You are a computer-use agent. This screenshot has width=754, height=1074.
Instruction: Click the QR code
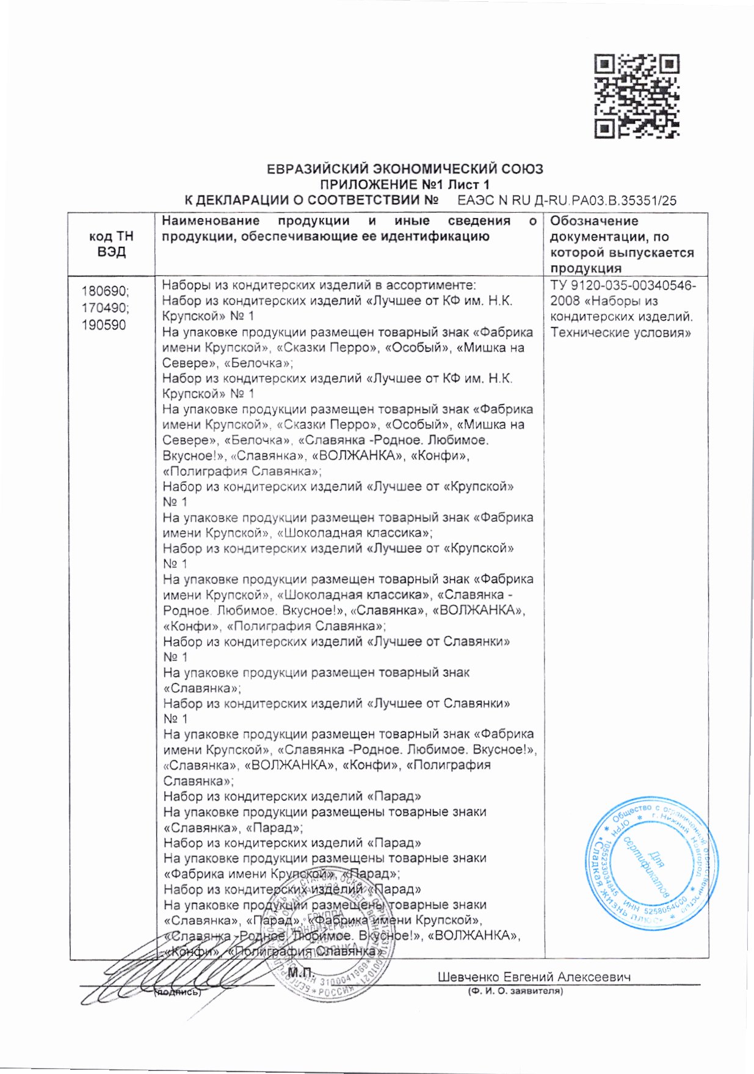coord(636,96)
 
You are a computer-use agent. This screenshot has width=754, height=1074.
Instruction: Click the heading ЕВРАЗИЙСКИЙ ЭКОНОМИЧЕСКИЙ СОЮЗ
coord(405,169)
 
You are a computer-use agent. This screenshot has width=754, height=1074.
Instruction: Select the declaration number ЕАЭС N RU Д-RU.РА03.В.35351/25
coord(567,200)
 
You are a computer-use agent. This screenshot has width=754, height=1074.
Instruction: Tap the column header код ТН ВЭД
coord(111,244)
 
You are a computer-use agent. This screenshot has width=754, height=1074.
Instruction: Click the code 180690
coord(105,291)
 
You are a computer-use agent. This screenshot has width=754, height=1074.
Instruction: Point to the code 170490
coord(105,308)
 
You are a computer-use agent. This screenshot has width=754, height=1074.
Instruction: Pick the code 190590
coord(104,325)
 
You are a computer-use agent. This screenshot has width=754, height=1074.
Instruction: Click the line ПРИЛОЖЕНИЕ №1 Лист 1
coord(405,184)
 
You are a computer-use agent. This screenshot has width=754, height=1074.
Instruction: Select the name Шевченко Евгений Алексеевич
coord(534,977)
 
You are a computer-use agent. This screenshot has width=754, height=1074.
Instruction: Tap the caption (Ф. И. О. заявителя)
coord(515,991)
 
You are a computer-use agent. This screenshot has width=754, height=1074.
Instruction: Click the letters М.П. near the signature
coord(300,972)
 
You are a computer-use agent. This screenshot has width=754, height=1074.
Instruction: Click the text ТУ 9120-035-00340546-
coord(623,285)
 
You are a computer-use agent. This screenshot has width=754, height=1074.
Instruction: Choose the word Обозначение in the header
coord(593,221)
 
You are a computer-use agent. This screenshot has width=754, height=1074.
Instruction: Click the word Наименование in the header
coord(211,221)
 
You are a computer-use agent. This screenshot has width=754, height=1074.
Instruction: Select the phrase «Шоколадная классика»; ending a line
coord(355,533)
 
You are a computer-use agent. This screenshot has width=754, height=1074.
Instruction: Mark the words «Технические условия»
coord(620,332)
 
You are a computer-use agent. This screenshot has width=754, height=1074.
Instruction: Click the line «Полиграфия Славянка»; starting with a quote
coord(242,471)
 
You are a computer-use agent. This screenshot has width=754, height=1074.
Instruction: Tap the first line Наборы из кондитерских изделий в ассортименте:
coord(318,285)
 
